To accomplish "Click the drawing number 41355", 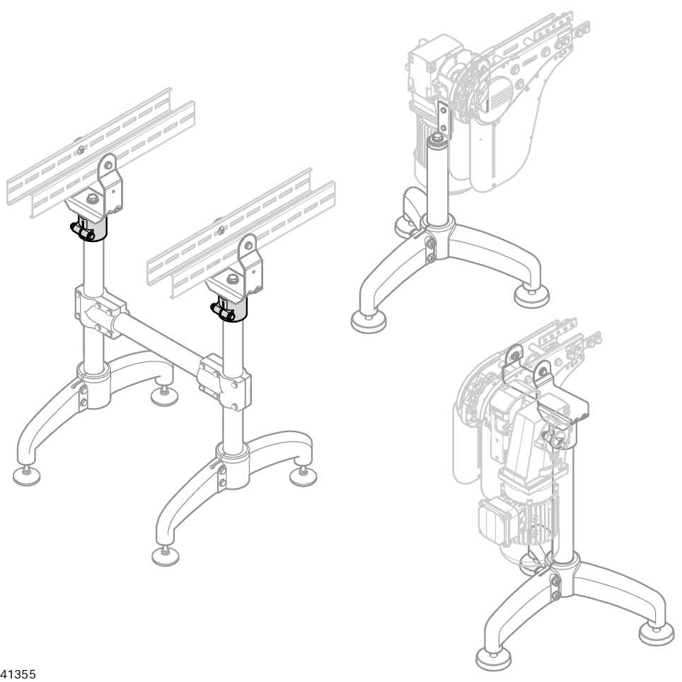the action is [18, 674].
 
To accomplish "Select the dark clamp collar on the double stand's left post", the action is [89, 228].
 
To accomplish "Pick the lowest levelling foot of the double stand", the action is [166, 555].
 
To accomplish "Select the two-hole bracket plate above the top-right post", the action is [444, 117].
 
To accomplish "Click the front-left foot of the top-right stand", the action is [369, 323].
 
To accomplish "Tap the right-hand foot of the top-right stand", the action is [531, 297].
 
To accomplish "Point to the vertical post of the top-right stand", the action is [437, 183].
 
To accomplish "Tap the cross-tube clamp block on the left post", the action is [100, 311].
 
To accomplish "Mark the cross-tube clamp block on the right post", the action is [224, 382].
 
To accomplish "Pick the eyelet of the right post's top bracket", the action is [248, 245].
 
